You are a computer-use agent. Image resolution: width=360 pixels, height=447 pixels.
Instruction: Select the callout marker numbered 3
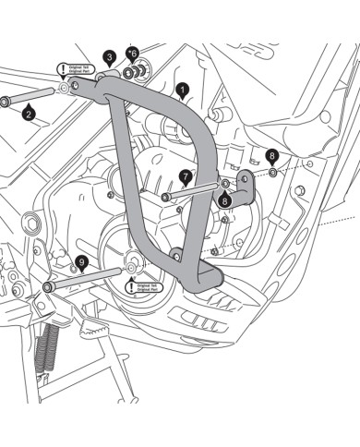click(x=109, y=57)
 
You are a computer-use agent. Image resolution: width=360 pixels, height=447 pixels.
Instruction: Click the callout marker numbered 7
click(x=185, y=175)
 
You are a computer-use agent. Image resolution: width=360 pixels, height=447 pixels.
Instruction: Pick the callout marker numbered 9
click(x=81, y=262)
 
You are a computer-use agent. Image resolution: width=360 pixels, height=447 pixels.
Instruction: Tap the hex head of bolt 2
click(x=6, y=99)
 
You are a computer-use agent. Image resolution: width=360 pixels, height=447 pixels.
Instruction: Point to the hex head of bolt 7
click(x=165, y=197)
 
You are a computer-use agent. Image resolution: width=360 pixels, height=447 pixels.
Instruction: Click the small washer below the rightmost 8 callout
click(x=273, y=173)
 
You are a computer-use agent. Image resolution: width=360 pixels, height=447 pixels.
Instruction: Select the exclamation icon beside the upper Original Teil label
click(x=63, y=68)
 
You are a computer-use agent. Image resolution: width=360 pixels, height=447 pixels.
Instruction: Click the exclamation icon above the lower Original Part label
click(x=130, y=276)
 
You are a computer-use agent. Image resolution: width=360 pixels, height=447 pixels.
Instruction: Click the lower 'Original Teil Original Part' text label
click(x=148, y=289)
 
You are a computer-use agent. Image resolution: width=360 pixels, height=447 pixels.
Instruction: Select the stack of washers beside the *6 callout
click(x=139, y=70)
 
